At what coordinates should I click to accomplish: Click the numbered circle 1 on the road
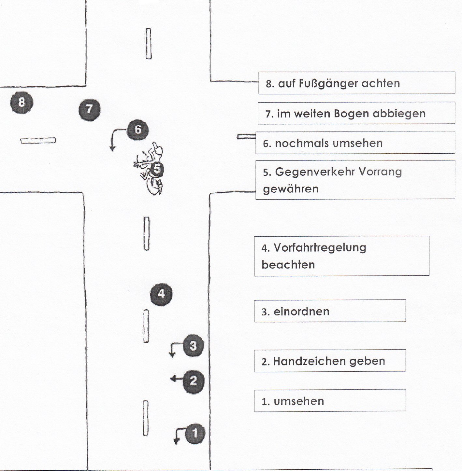tap(195, 433)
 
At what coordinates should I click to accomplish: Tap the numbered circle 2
tap(193, 381)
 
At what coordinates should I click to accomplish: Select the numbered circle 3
tap(193, 345)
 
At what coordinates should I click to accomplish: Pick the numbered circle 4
tap(161, 294)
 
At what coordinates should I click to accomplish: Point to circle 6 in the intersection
tap(137, 130)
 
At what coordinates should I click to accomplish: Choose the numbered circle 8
tap(22, 103)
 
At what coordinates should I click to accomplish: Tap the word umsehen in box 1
tap(299, 401)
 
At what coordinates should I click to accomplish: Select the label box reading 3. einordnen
tap(329, 311)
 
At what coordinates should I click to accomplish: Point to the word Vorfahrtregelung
tap(320, 248)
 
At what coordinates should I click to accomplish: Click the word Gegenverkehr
tap(310, 172)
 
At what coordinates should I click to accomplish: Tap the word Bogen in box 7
tap(352, 114)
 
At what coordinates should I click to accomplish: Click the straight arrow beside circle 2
tap(176, 379)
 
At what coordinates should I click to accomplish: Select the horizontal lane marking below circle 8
tap(38, 141)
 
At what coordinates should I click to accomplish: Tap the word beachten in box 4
tap(288, 265)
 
